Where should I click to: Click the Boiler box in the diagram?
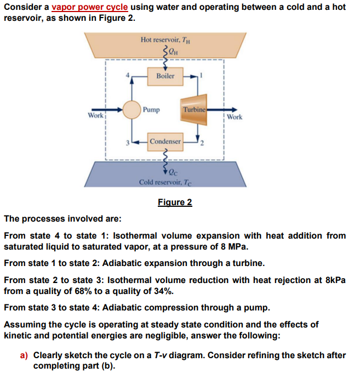point(165,76)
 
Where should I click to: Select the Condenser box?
point(165,142)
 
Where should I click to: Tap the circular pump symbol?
point(132,110)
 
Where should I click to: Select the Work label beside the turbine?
point(234,117)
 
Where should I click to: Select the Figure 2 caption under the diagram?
point(175,202)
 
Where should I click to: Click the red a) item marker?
point(24,355)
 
